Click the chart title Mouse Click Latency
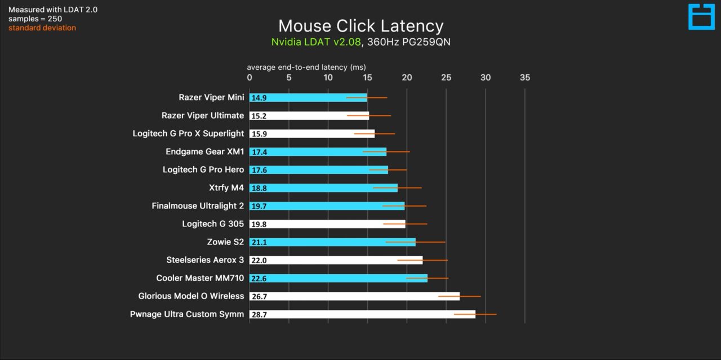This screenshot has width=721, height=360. click(360, 26)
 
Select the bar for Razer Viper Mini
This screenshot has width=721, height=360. click(308, 97)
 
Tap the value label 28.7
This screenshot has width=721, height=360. click(259, 314)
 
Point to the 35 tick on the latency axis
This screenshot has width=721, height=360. click(524, 78)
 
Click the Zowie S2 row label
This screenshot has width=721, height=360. click(225, 242)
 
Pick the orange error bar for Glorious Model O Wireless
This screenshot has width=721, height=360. click(459, 296)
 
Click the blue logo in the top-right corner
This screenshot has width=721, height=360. click(701, 17)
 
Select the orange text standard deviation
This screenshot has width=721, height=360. click(42, 28)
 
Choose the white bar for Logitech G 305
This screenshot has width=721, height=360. click(327, 224)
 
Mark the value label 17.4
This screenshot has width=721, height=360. click(259, 152)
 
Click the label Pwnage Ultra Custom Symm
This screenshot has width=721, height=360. click(187, 314)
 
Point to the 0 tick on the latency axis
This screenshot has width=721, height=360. click(250, 78)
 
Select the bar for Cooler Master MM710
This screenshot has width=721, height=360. click(338, 278)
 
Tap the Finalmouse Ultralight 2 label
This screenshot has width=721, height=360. click(198, 206)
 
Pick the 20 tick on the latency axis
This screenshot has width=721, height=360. click(407, 78)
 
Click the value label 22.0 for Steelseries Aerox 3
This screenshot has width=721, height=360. click(259, 260)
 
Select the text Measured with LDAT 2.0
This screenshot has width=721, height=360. click(53, 10)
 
